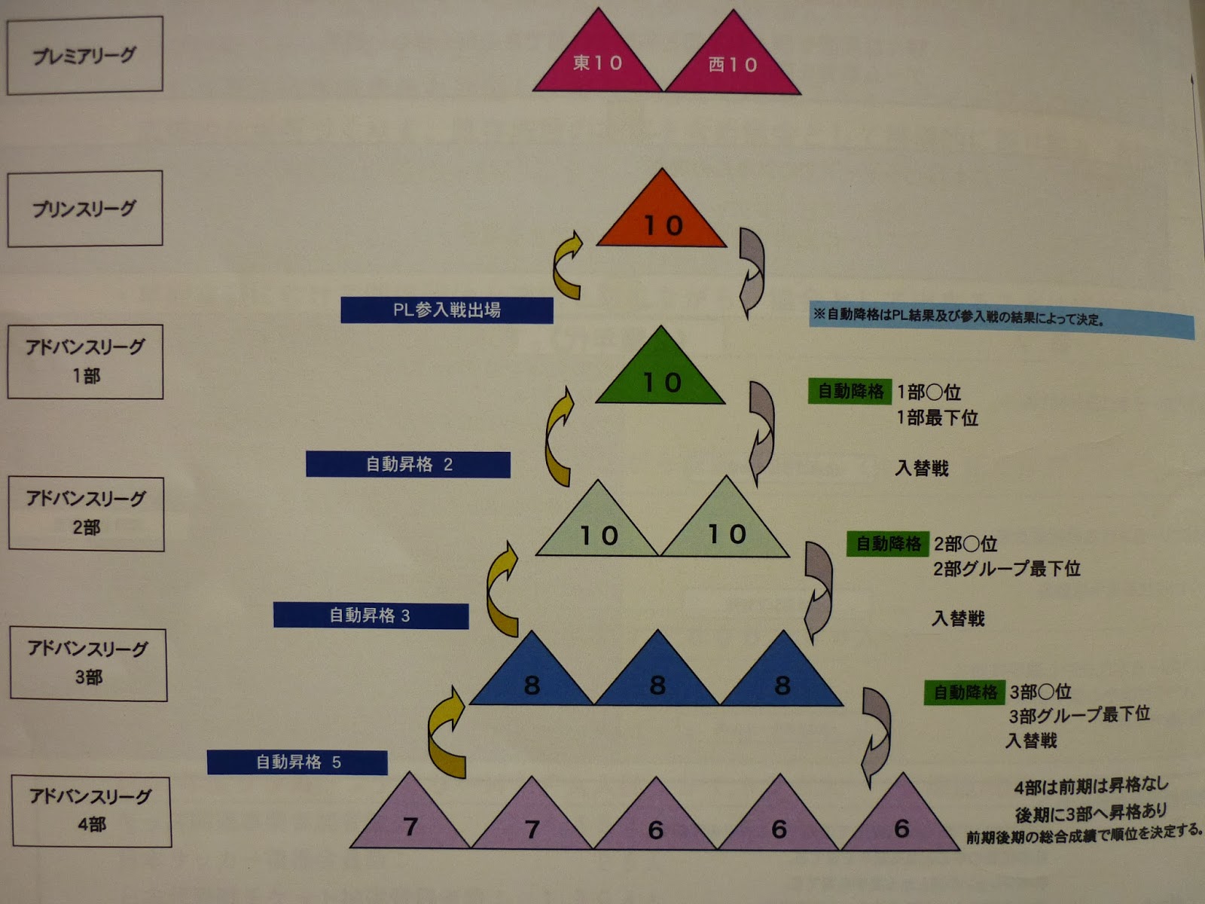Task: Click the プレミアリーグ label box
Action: [x=84, y=56]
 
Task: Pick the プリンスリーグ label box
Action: [x=84, y=209]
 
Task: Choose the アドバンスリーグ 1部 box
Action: [x=85, y=362]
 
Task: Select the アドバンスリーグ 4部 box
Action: [x=91, y=811]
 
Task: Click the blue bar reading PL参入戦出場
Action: [x=447, y=310]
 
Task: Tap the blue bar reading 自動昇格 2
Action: [x=408, y=464]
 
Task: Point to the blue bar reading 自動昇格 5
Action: [x=297, y=762]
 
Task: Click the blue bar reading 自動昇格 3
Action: [x=371, y=615]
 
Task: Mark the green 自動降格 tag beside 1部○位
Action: [x=850, y=392]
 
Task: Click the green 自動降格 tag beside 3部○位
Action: [x=965, y=692]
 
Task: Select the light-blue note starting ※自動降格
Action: [x=1002, y=319]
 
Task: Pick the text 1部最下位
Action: [x=937, y=418]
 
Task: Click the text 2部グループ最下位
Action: [x=1007, y=569]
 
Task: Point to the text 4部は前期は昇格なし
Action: [x=1091, y=786]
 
